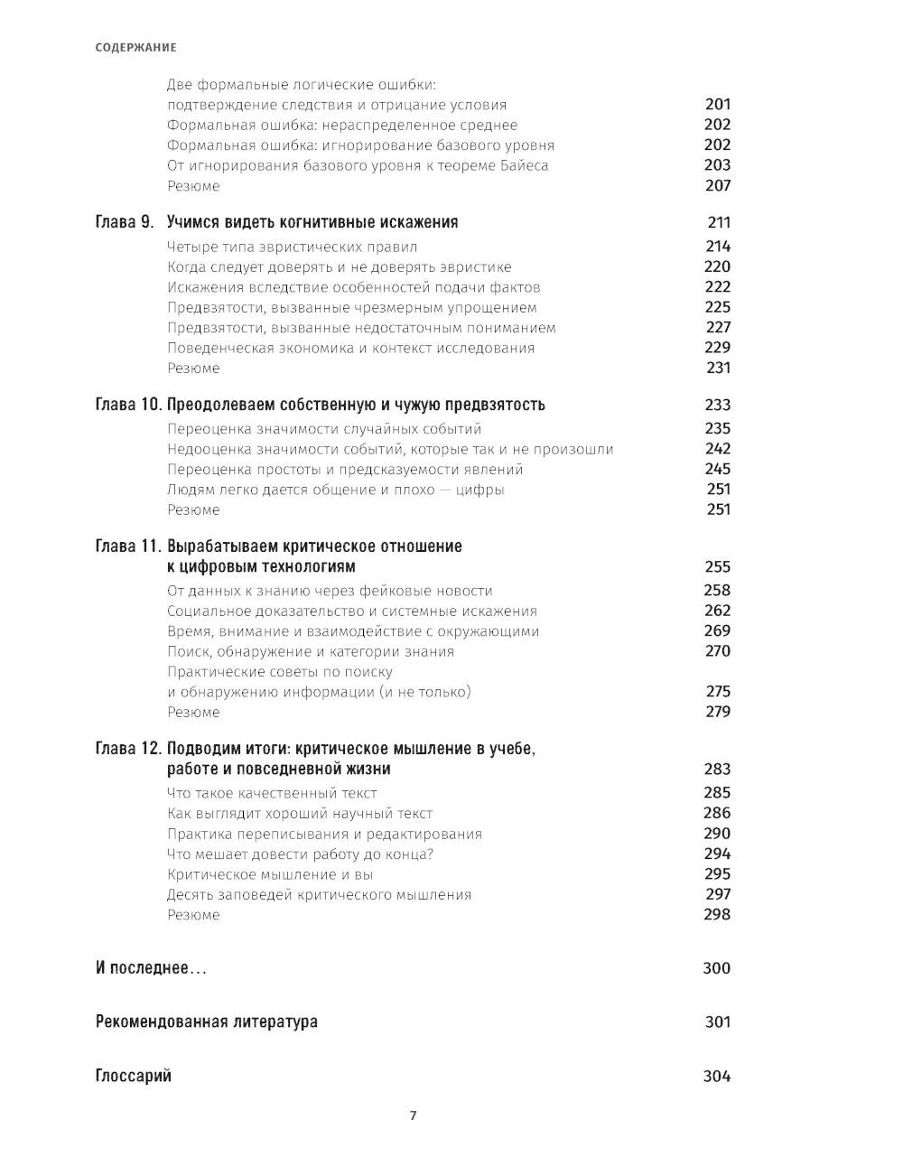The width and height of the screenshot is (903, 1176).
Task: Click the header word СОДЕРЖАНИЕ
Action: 135,47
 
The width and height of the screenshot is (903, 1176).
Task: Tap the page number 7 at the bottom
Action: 413,1115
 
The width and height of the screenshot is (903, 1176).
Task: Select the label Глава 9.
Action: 125,222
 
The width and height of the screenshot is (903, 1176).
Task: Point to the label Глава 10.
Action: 128,405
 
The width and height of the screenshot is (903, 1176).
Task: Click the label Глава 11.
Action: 128,546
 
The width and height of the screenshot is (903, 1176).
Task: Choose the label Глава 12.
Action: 128,749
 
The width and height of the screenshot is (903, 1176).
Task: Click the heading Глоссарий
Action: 133,1076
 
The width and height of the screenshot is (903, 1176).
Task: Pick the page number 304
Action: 716,1076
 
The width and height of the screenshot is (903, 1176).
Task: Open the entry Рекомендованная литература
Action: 206,1022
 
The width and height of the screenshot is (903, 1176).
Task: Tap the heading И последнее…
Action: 151,968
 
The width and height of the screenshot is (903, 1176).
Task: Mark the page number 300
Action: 716,968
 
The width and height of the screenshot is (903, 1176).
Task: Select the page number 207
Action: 717,186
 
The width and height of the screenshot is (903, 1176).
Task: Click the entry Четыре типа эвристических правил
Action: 293,247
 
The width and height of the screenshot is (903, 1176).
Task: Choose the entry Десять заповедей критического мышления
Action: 320,894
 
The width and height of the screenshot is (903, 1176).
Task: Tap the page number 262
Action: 717,611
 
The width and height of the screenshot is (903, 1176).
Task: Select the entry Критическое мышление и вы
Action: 270,874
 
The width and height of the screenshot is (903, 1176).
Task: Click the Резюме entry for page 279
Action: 193,712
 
